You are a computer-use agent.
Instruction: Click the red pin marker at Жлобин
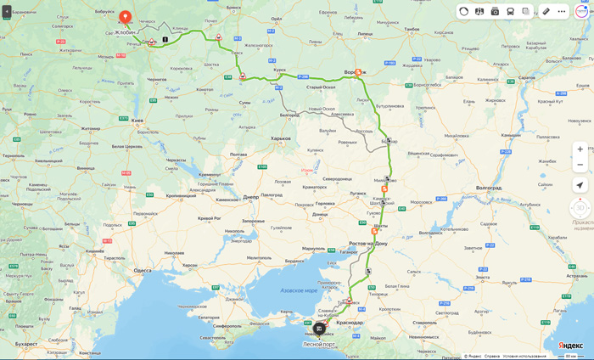click(x=125, y=17)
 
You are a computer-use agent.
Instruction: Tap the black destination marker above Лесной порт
click(x=319, y=329)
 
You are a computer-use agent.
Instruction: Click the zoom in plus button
click(x=580, y=149)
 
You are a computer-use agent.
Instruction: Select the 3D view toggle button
click(x=580, y=208)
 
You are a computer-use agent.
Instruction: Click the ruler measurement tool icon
click(x=546, y=12)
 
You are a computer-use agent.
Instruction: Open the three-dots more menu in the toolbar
click(x=562, y=12)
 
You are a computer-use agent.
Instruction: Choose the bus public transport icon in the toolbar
click(x=510, y=12)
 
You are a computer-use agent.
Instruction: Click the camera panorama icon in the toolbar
click(x=495, y=12)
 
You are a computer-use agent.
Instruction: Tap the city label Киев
click(x=137, y=121)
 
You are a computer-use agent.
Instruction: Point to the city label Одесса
click(x=143, y=270)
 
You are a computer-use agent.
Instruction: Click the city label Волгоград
click(x=489, y=187)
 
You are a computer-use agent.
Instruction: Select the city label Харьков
click(x=280, y=138)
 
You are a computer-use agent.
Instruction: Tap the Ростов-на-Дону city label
click(x=368, y=244)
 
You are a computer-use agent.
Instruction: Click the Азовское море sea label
click(x=299, y=290)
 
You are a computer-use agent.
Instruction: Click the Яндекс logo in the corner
click(x=570, y=346)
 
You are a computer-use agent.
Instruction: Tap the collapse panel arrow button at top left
click(x=7, y=12)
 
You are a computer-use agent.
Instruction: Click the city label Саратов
click(x=526, y=77)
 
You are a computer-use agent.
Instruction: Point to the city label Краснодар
click(x=349, y=322)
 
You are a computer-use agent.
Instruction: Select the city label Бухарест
click(x=26, y=344)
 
